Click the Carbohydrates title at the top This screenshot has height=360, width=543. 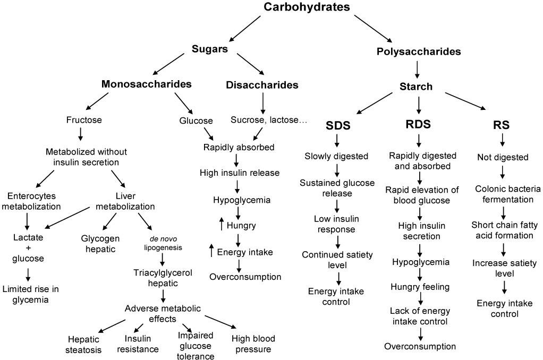tap(307, 7)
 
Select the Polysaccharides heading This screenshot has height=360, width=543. tap(419, 52)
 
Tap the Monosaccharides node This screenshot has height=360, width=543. tap(147, 84)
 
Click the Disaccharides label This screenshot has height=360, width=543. tap(262, 85)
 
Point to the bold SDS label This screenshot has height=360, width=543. tap(338, 125)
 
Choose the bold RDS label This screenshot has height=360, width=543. tap(418, 124)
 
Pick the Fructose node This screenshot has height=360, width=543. tap(84, 120)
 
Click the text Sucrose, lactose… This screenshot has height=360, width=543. tap(269, 120)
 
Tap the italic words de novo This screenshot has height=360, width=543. tap(163, 239)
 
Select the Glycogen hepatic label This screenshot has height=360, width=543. tap(100, 244)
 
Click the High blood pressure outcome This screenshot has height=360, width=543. tap(253, 344)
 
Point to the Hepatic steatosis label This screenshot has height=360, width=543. tap(83, 345)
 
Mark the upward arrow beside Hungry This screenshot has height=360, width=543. tap(222, 224)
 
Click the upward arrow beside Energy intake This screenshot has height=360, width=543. tap(211, 250)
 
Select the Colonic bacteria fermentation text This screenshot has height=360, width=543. tap(508, 194)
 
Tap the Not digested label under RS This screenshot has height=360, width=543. tap(503, 157)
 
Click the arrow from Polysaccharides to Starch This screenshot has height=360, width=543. tap(417, 70)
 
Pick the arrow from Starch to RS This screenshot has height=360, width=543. tap(465, 101)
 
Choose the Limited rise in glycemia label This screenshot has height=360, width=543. tap(30, 294)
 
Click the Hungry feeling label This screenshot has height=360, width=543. tap(420, 287)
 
